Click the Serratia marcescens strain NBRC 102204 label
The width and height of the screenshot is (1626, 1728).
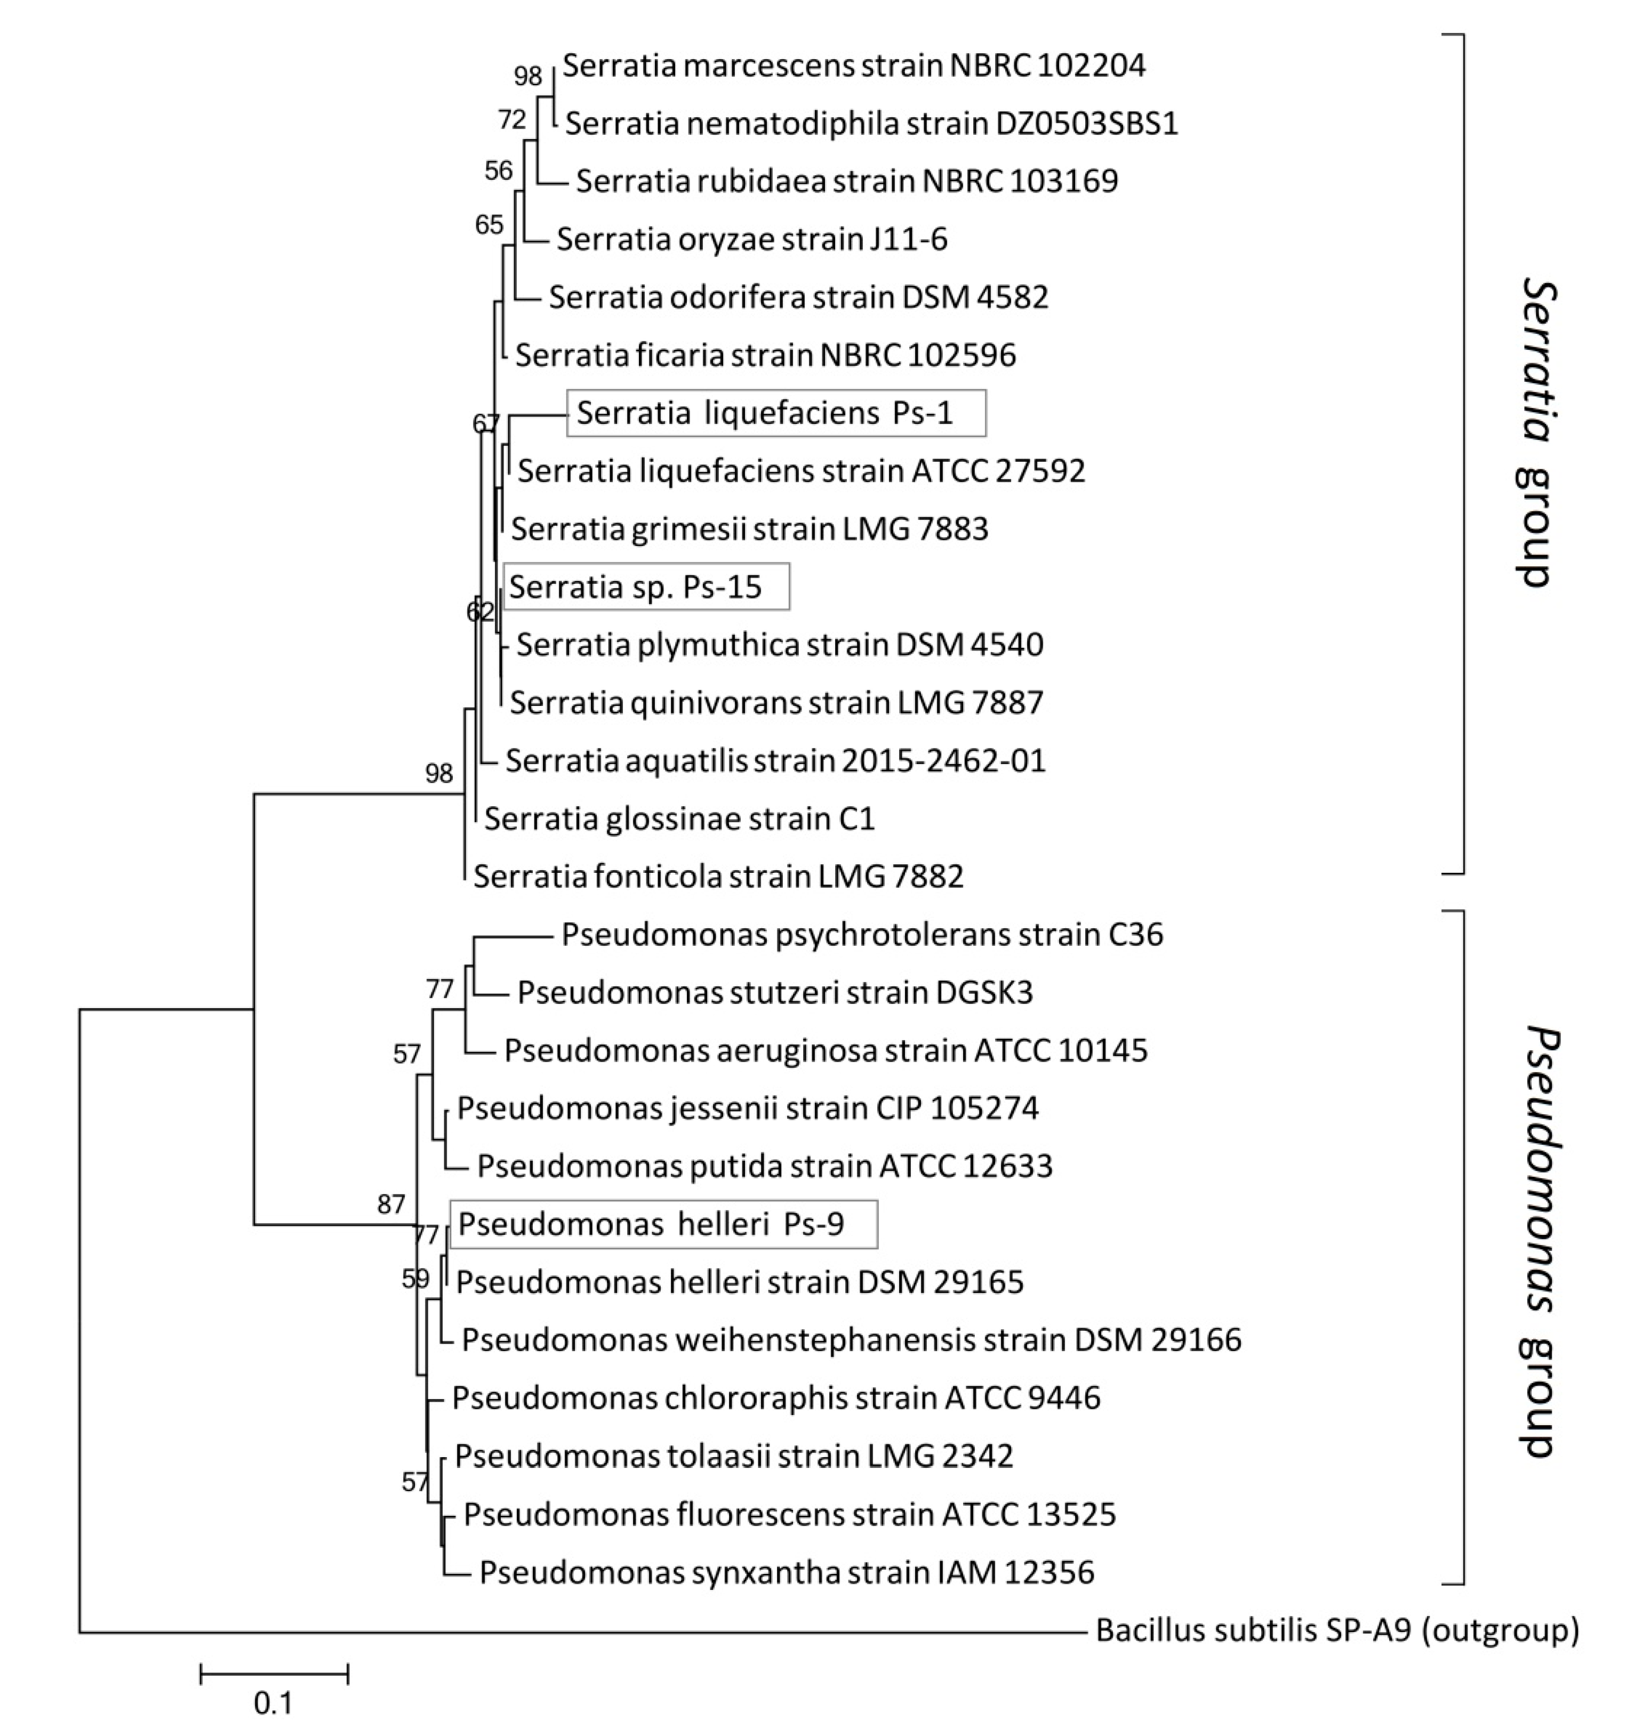pyautogui.click(x=854, y=65)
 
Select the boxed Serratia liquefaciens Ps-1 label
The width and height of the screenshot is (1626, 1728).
pyautogui.click(x=775, y=412)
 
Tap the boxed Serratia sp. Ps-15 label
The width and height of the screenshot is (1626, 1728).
pyautogui.click(x=646, y=586)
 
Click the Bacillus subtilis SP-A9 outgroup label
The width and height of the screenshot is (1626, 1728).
pyautogui.click(x=1336, y=1630)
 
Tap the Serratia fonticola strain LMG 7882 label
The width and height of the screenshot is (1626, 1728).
pyautogui.click(x=718, y=876)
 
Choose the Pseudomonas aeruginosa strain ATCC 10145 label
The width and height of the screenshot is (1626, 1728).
pyautogui.click(x=825, y=1050)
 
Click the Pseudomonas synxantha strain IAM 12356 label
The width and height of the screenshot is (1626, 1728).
pyautogui.click(x=786, y=1572)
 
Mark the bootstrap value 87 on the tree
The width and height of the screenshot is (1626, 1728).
pyautogui.click(x=391, y=1204)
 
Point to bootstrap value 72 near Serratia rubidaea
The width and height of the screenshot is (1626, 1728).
pyautogui.click(x=512, y=120)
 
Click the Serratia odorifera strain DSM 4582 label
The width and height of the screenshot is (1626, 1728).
pyautogui.click(x=798, y=298)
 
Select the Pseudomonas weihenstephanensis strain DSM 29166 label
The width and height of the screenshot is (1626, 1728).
pyautogui.click(x=851, y=1339)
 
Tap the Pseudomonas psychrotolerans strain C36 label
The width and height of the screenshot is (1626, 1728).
pyautogui.click(x=862, y=935)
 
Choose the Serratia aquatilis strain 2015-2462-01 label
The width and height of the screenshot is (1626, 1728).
pyautogui.click(x=775, y=760)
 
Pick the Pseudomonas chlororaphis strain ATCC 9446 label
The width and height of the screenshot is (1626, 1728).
pyautogui.click(x=775, y=1397)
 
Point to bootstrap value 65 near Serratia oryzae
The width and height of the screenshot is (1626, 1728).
pyautogui.click(x=488, y=225)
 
